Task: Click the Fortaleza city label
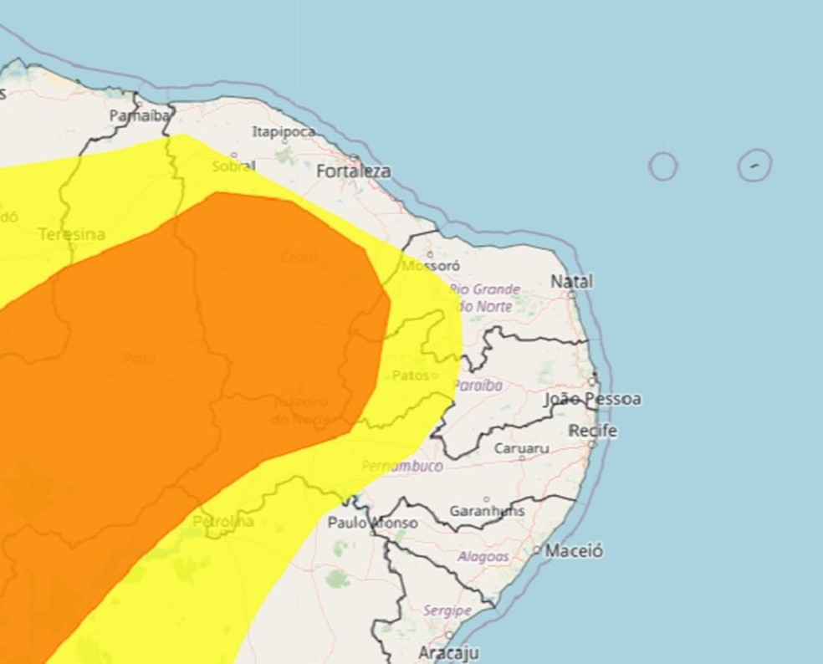pyautogui.click(x=354, y=171)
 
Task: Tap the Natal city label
pyautogui.click(x=571, y=282)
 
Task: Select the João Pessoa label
pyautogui.click(x=592, y=400)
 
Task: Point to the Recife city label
pyautogui.click(x=592, y=432)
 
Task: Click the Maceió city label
pyautogui.click(x=574, y=551)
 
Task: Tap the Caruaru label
pyautogui.click(x=521, y=448)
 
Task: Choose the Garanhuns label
pyautogui.click(x=487, y=510)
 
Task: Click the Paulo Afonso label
pyautogui.click(x=372, y=523)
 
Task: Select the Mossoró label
pyautogui.click(x=431, y=265)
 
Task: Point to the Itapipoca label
pyautogui.click(x=284, y=132)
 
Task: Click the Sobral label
pyautogui.click(x=233, y=166)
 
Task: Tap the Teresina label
pyautogui.click(x=72, y=234)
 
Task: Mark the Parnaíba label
pyautogui.click(x=141, y=116)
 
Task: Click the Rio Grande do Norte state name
pyautogui.click(x=484, y=298)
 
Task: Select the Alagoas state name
pyautogui.click(x=483, y=556)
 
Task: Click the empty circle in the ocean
pyautogui.click(x=662, y=166)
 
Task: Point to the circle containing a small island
pyautogui.click(x=754, y=165)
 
